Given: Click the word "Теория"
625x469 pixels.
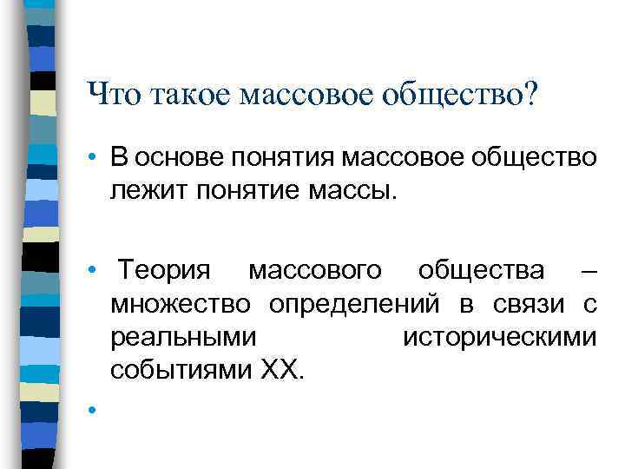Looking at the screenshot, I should [x=165, y=271].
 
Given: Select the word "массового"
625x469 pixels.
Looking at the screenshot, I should [x=314, y=272].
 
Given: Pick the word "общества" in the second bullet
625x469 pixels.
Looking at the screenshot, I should [x=482, y=272].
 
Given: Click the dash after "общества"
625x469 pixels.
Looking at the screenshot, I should [x=588, y=272].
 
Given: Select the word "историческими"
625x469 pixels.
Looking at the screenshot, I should [x=500, y=337].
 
